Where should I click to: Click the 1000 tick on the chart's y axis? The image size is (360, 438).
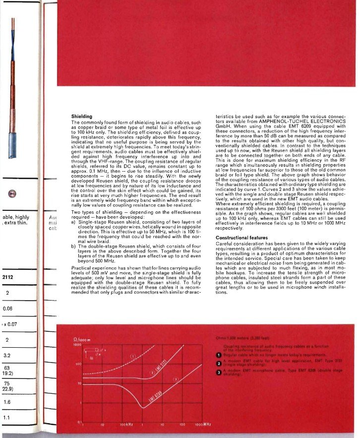click(x=77, y=344)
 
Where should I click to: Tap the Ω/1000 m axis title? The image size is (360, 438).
click(x=79, y=339)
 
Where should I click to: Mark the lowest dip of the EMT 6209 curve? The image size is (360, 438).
click(x=144, y=407)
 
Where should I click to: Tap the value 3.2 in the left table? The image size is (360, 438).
click(x=7, y=355)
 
